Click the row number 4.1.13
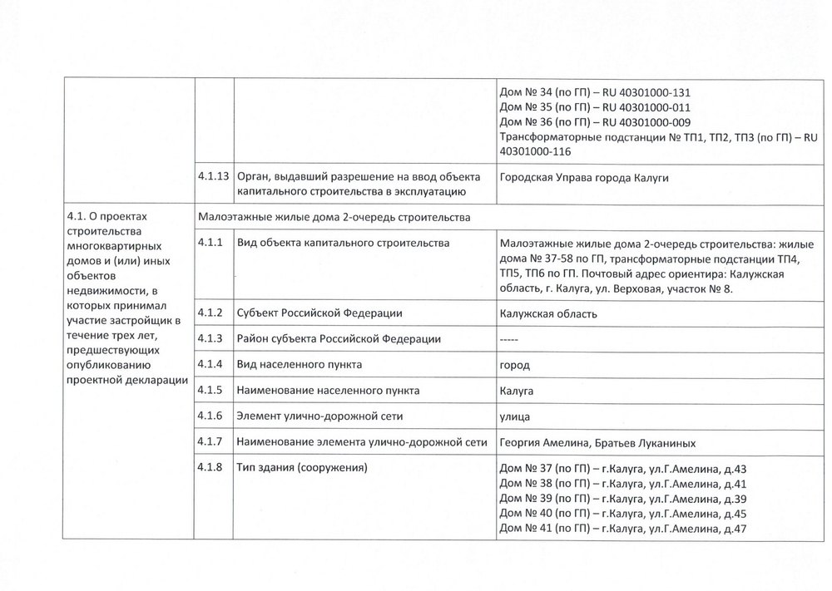pos(213,177)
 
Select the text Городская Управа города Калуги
pos(584,177)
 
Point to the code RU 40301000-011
pos(645,108)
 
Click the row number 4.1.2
pos(210,313)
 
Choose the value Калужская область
pos(548,314)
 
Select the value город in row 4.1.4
pos(515,365)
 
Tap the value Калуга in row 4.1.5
pos(517,391)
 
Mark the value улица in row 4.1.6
pos(516,416)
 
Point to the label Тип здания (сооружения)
pos(302,468)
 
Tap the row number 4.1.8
pos(210,468)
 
